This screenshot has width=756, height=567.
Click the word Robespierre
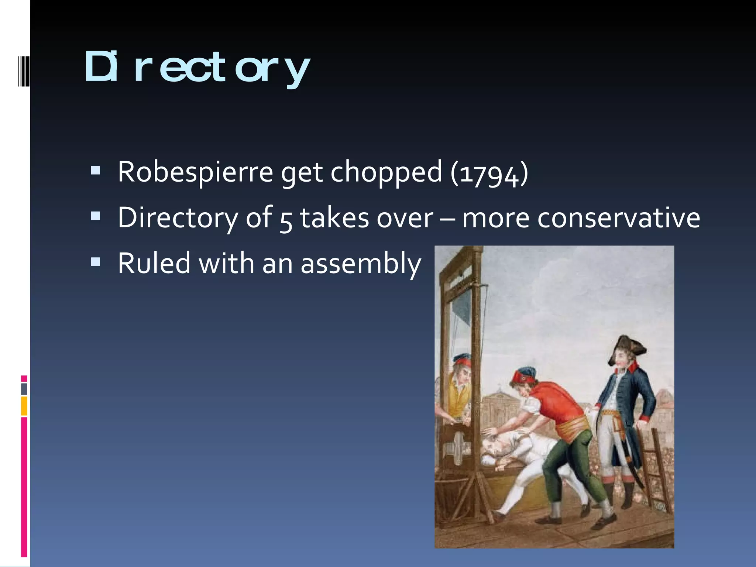point(195,172)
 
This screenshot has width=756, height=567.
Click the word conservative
point(618,218)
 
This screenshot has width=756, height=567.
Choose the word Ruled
point(154,263)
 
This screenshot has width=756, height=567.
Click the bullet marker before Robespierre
point(95,171)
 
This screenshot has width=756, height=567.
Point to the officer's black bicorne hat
point(628,347)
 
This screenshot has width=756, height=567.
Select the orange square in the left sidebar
point(24,406)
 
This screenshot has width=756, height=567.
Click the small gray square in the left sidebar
point(24,389)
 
